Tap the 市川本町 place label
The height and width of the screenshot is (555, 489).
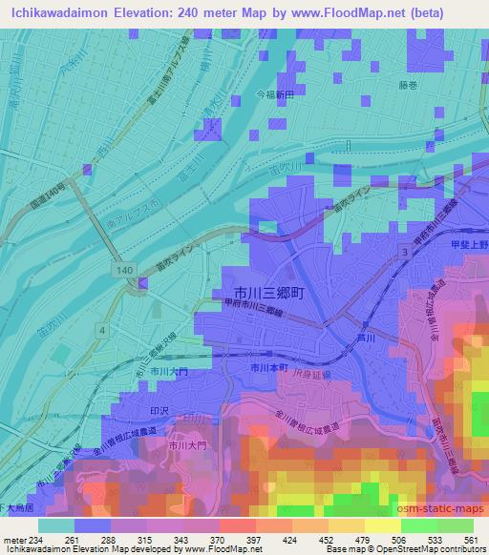click(268, 366)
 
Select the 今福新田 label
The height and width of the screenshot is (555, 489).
click(277, 96)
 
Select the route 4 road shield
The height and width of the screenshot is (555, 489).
click(100, 329)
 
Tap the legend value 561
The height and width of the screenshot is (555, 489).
click(471, 540)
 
